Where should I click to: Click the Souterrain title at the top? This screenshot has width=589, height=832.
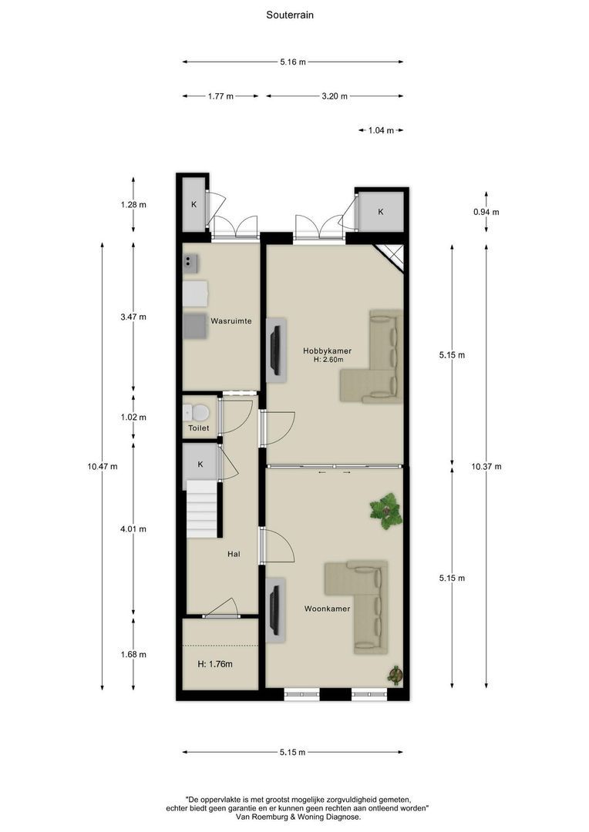289,15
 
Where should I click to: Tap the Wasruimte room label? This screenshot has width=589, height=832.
231,321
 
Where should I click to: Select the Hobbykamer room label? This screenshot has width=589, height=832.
327,351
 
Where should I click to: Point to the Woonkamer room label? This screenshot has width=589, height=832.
327,609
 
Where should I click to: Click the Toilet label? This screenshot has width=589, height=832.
199,428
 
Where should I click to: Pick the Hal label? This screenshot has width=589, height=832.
234,554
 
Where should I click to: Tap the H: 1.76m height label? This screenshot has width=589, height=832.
215,664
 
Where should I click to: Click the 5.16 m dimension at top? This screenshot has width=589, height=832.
293,62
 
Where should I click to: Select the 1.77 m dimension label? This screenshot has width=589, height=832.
220,96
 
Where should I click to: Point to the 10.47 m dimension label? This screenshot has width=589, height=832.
103,466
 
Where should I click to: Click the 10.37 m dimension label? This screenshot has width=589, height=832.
486,466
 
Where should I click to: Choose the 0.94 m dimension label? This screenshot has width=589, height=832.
486,212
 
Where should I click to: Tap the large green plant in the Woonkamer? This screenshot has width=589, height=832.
386,511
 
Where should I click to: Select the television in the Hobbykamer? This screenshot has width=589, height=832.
275,351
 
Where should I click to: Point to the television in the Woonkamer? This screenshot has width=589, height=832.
275,610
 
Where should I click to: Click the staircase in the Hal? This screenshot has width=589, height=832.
201,509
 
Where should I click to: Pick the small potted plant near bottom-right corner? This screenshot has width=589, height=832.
395,676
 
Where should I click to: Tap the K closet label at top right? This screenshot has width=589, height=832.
381,212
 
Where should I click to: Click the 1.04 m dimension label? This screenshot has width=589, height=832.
382,130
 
